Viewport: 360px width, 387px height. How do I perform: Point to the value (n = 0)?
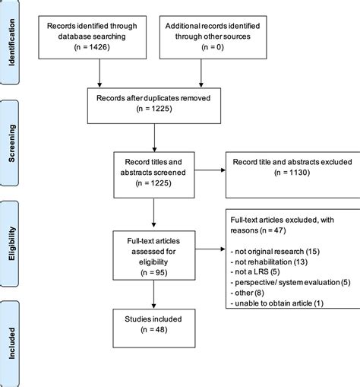[201, 46]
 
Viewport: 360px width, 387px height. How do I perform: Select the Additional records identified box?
[201, 35]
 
